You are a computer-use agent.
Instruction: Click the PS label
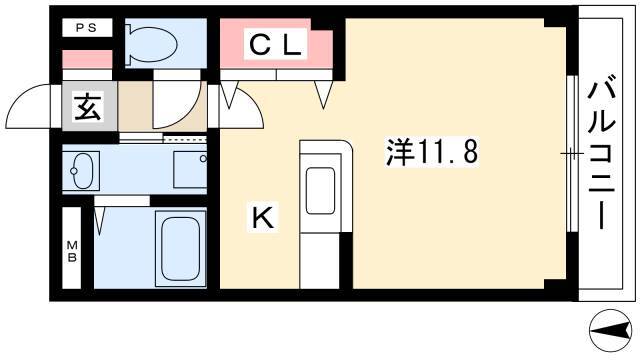(x=87, y=28)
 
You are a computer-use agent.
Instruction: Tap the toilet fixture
(x=151, y=44)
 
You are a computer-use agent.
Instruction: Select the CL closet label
(x=275, y=44)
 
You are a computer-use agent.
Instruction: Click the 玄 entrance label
(x=88, y=107)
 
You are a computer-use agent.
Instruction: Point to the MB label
(x=72, y=251)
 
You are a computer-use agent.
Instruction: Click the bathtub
(x=180, y=248)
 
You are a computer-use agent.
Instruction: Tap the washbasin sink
(x=82, y=170)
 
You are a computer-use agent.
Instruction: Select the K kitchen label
(x=263, y=217)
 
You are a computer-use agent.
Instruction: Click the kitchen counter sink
(x=320, y=191)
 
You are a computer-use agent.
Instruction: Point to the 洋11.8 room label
(x=431, y=152)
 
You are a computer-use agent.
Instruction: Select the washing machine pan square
(x=190, y=170)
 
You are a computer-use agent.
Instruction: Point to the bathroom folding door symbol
(x=100, y=220)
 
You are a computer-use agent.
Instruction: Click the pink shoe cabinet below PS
(x=87, y=60)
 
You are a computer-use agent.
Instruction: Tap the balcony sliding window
(x=573, y=154)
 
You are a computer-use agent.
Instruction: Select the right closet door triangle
(x=323, y=95)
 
